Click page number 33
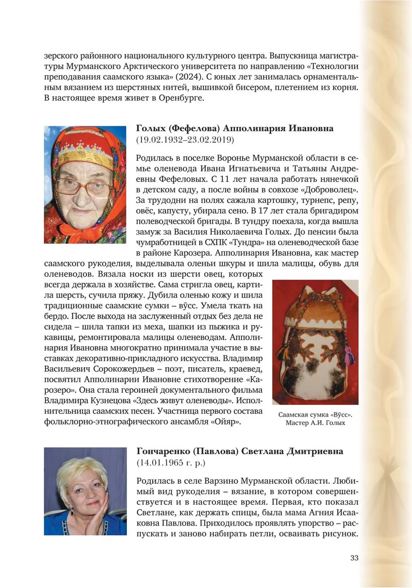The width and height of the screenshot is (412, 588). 354,557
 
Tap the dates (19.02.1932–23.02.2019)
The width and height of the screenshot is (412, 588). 185,140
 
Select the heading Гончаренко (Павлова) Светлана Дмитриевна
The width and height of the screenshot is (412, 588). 240,451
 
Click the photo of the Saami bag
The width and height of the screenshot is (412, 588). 315,342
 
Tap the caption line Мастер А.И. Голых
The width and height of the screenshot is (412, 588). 315,423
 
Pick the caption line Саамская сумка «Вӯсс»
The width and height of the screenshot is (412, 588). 315,414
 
